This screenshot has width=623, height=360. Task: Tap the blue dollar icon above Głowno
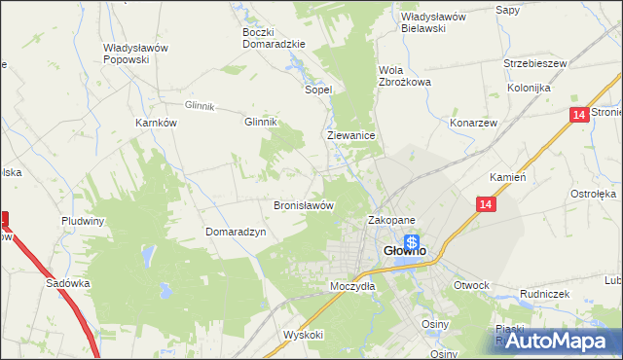point(413,242)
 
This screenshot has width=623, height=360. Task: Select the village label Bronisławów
point(304,206)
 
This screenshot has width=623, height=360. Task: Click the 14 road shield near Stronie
point(579,116)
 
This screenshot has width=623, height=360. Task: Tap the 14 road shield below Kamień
point(487,204)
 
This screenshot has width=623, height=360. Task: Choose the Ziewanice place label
point(351,137)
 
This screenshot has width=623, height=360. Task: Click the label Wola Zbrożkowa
point(404,76)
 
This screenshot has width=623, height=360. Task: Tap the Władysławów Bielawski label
point(435,22)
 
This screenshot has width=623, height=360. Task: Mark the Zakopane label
point(391,221)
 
